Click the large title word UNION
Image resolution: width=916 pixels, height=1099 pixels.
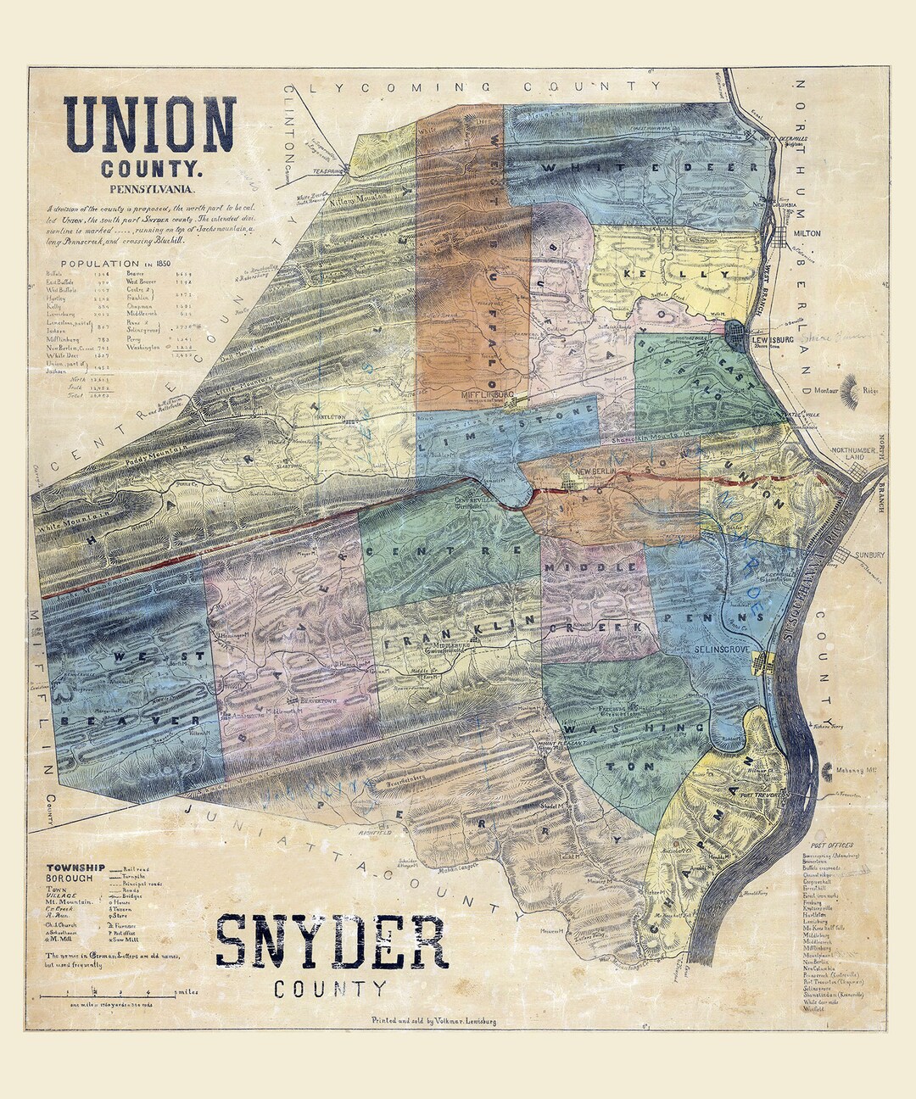[x=149, y=125]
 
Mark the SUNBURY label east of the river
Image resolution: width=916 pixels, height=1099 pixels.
[x=869, y=555]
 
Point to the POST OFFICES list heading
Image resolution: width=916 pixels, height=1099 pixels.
[x=831, y=845]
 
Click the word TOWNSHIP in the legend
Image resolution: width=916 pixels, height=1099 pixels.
[x=75, y=867]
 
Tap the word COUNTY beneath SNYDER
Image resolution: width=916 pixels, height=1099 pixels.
[x=330, y=989]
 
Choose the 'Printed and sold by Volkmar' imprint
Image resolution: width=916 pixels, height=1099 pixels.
[x=433, y=1021]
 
